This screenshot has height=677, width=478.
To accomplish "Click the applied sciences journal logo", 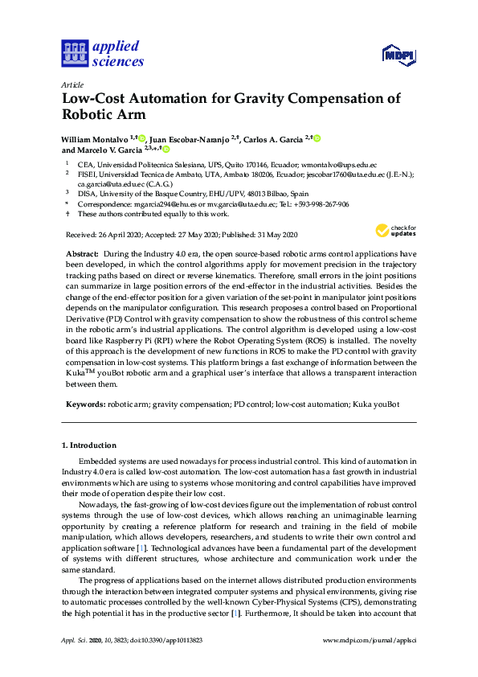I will (x=102, y=53).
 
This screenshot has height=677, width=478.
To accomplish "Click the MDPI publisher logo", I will (x=399, y=55).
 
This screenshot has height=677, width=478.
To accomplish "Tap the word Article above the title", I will (x=72, y=84).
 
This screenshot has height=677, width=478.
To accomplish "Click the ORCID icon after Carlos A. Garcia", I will (x=317, y=138).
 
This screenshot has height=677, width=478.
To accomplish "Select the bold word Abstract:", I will (x=82, y=253).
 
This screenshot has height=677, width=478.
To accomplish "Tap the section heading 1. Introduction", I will (x=89, y=445).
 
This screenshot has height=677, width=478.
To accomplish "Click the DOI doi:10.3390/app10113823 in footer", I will (x=169, y=662).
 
